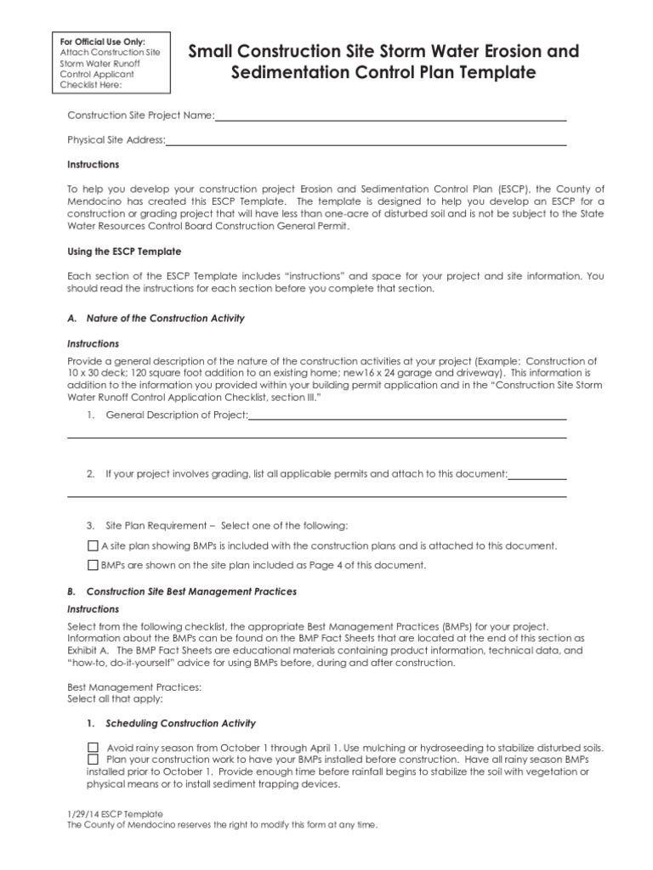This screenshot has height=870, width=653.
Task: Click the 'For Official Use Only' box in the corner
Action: pyautogui.click(x=109, y=63)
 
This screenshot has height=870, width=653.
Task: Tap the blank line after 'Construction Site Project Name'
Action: pyautogui.click(x=390, y=116)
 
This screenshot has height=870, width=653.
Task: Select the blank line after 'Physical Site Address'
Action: pyautogui.click(x=366, y=140)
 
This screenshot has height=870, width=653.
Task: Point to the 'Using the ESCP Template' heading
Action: pyautogui.click(x=124, y=252)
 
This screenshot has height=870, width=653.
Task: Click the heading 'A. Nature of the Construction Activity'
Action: pyautogui.click(x=156, y=319)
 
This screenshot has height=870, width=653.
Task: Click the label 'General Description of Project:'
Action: pyautogui.click(x=177, y=415)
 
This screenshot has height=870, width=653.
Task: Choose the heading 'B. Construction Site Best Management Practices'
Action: pyautogui.click(x=182, y=591)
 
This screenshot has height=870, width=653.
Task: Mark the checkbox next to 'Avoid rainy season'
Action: pyautogui.click(x=94, y=748)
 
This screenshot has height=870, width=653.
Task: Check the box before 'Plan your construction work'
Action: pyautogui.click(x=94, y=760)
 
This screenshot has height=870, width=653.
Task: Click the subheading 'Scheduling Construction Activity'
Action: pyautogui.click(x=180, y=724)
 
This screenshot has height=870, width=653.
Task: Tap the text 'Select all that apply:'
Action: pyautogui.click(x=114, y=698)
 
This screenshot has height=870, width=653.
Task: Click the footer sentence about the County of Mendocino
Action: pyautogui.click(x=221, y=825)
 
